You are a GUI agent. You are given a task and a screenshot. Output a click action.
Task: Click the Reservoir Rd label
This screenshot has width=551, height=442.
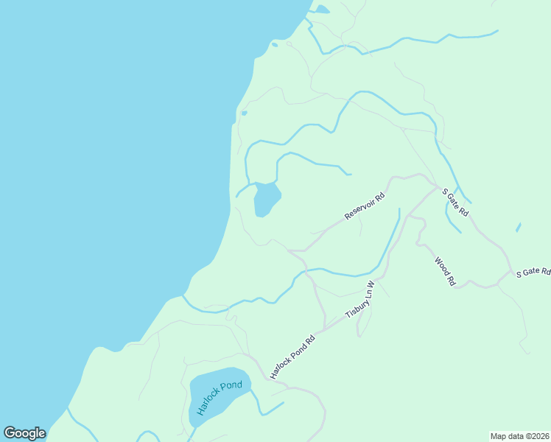point(365,206)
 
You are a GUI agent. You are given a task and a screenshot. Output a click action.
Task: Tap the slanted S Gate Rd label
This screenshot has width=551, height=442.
point(455,202)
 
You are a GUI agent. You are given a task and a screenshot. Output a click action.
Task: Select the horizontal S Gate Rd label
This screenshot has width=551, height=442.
point(533,273)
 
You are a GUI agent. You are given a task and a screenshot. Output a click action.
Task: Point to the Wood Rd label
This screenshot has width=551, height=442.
point(445,271)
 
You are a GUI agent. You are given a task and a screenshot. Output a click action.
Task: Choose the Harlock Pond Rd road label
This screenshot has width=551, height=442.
point(292,357)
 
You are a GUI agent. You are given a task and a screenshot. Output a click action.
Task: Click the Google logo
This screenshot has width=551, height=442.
point(24,433)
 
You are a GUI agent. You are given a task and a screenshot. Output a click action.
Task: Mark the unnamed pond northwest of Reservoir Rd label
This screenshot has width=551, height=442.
point(266,199)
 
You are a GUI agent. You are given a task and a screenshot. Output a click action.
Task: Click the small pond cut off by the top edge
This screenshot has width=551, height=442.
point(321,10)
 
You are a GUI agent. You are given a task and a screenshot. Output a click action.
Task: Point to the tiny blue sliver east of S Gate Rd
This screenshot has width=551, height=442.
point(519,227)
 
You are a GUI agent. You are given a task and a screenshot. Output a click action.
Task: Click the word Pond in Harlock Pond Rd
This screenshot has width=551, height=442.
point(293,356)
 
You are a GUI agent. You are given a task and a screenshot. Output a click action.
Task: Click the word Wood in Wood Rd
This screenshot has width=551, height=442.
point(441,266)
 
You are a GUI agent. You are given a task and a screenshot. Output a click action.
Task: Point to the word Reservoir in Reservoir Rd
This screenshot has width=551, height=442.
point(360,209)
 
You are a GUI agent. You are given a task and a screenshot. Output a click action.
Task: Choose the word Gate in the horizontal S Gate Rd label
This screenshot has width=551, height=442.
point(532,273)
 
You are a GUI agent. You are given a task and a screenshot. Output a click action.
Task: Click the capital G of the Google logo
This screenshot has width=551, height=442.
point(10,433)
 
